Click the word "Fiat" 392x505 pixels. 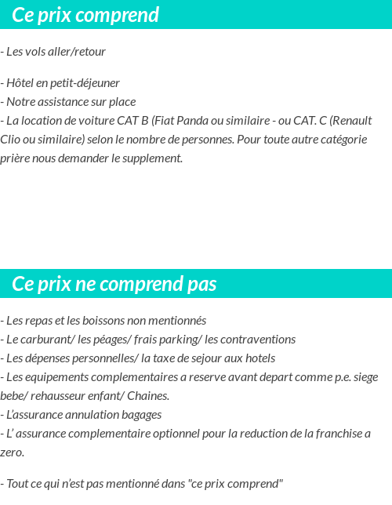164,120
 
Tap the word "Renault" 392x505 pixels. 351,120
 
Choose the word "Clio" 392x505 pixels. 11,139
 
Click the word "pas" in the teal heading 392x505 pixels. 201,283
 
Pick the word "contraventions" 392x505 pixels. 250,339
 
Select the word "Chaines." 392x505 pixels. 147,395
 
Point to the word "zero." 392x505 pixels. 13,452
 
